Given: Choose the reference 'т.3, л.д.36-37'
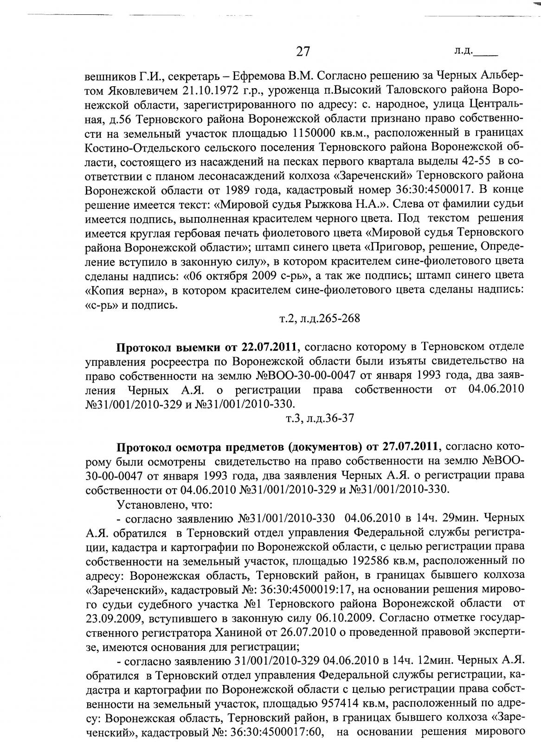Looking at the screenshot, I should pos(321,418).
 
